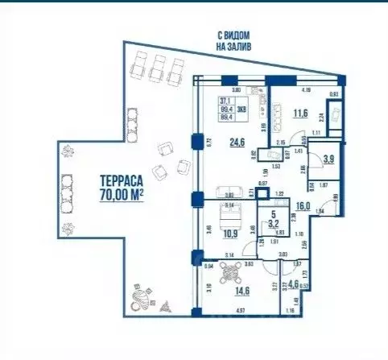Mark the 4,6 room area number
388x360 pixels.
[x=293, y=283]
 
